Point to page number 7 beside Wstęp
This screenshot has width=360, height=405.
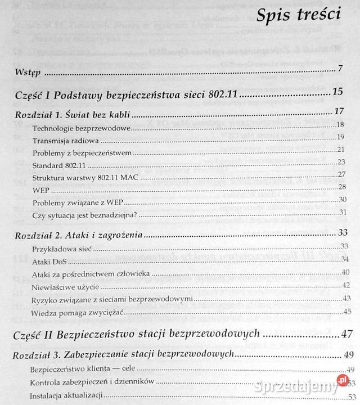340,70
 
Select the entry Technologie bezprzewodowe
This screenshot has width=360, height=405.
82,128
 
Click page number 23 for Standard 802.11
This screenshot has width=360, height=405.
341,162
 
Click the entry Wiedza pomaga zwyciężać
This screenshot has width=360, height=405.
78,312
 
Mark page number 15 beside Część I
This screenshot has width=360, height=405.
337,92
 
